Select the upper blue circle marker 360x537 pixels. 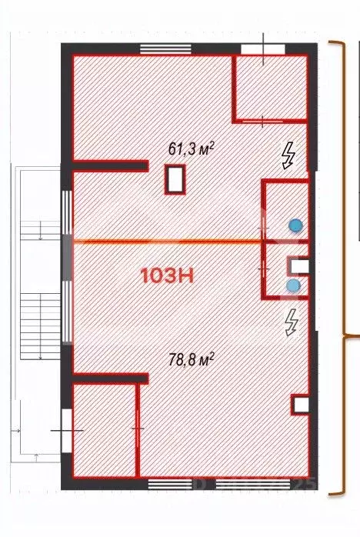coord(295,225)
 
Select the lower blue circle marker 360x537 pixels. coord(292,285)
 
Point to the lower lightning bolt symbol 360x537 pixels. coord(291,322)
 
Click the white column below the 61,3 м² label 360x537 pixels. coord(175,182)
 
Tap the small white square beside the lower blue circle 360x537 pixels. coord(299,266)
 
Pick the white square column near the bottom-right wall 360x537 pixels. coord(299,405)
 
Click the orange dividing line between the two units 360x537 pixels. coord(165,242)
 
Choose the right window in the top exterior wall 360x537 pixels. coord(252,48)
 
